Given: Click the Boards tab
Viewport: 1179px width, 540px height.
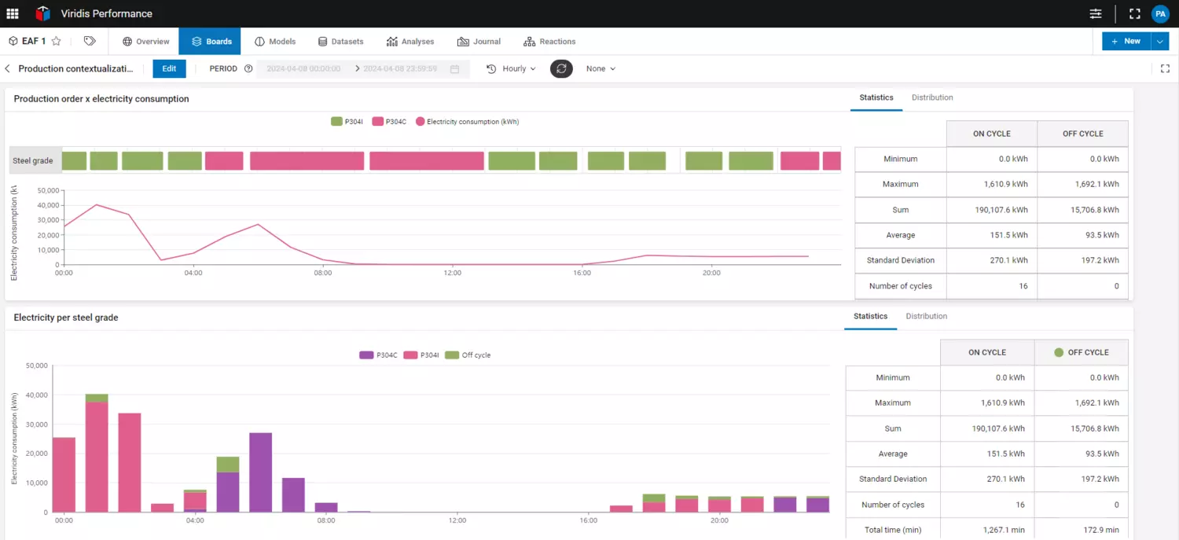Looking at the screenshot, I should tap(211, 42).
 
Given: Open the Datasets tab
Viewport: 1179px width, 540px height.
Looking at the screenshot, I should tap(340, 42).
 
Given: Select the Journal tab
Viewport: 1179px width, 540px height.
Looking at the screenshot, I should tap(479, 42).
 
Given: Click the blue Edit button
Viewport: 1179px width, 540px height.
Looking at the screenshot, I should tap(169, 68).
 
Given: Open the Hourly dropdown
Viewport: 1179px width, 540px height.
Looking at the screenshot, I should tap(511, 68).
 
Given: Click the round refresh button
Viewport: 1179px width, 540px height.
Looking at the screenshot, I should tap(561, 68).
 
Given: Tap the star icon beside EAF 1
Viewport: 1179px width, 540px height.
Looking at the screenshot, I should tap(57, 42).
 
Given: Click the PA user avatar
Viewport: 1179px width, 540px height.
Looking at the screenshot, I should tap(1160, 13).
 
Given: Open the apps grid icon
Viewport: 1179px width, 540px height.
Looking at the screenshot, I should tap(13, 13).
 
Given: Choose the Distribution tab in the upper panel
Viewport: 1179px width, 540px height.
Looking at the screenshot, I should tap(932, 97).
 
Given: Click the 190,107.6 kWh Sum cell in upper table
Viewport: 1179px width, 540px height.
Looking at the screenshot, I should tap(991, 210).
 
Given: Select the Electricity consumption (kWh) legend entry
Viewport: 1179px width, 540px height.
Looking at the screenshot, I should tap(468, 122).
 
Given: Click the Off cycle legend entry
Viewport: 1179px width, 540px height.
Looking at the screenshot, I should tap(468, 355).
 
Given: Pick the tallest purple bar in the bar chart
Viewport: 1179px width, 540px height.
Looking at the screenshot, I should tap(260, 472).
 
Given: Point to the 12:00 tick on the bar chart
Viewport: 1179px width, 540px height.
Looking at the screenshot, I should tap(457, 520).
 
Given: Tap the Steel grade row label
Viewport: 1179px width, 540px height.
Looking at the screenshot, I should tap(33, 160).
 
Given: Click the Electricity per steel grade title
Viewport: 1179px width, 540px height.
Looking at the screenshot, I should tap(66, 318).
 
